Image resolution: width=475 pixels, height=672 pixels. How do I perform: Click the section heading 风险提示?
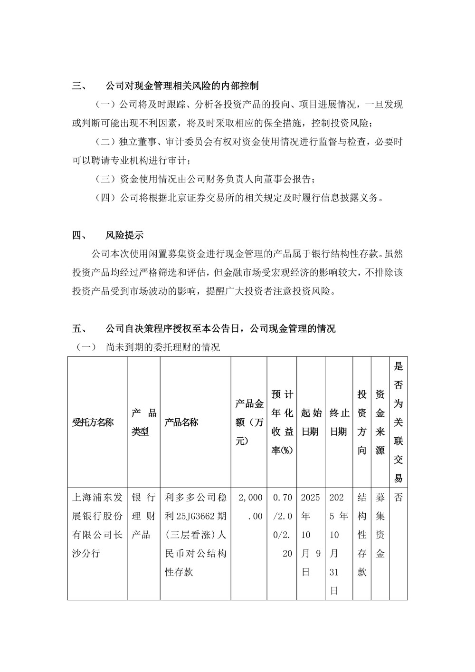point(124,235)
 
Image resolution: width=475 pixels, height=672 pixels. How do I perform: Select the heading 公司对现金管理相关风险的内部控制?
point(182,86)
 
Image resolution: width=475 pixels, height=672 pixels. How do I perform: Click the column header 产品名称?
point(181,422)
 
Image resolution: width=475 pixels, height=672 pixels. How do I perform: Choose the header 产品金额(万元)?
point(249,422)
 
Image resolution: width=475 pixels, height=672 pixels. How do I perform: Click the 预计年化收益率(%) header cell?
point(282,422)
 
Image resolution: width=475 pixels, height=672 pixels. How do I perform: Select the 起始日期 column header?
point(311,422)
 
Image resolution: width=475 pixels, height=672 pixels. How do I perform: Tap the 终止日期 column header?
point(339,422)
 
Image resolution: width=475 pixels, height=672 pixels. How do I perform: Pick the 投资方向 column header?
point(362,422)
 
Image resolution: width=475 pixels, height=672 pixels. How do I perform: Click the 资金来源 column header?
point(380,422)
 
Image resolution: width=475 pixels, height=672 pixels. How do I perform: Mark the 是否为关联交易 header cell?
point(398,422)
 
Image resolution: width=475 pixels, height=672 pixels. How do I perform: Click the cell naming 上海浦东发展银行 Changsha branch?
point(97,526)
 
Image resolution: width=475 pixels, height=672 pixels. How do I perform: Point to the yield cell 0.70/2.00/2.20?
point(282,526)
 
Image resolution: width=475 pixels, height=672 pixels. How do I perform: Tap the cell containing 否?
point(398,498)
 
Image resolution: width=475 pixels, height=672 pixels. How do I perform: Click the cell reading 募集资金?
point(380,526)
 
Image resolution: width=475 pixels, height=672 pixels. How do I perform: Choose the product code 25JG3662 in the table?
point(195,517)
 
